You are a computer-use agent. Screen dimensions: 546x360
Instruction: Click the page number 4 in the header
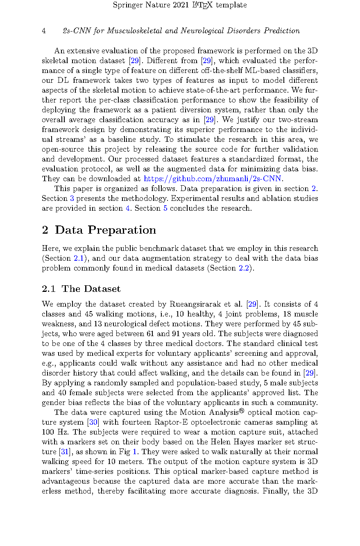[x=44, y=31]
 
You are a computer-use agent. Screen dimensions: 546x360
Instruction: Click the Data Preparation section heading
[x=105, y=230]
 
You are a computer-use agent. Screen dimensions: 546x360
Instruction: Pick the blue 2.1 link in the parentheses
[x=78, y=258]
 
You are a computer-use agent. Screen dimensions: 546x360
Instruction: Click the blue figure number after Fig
[x=135, y=452]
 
